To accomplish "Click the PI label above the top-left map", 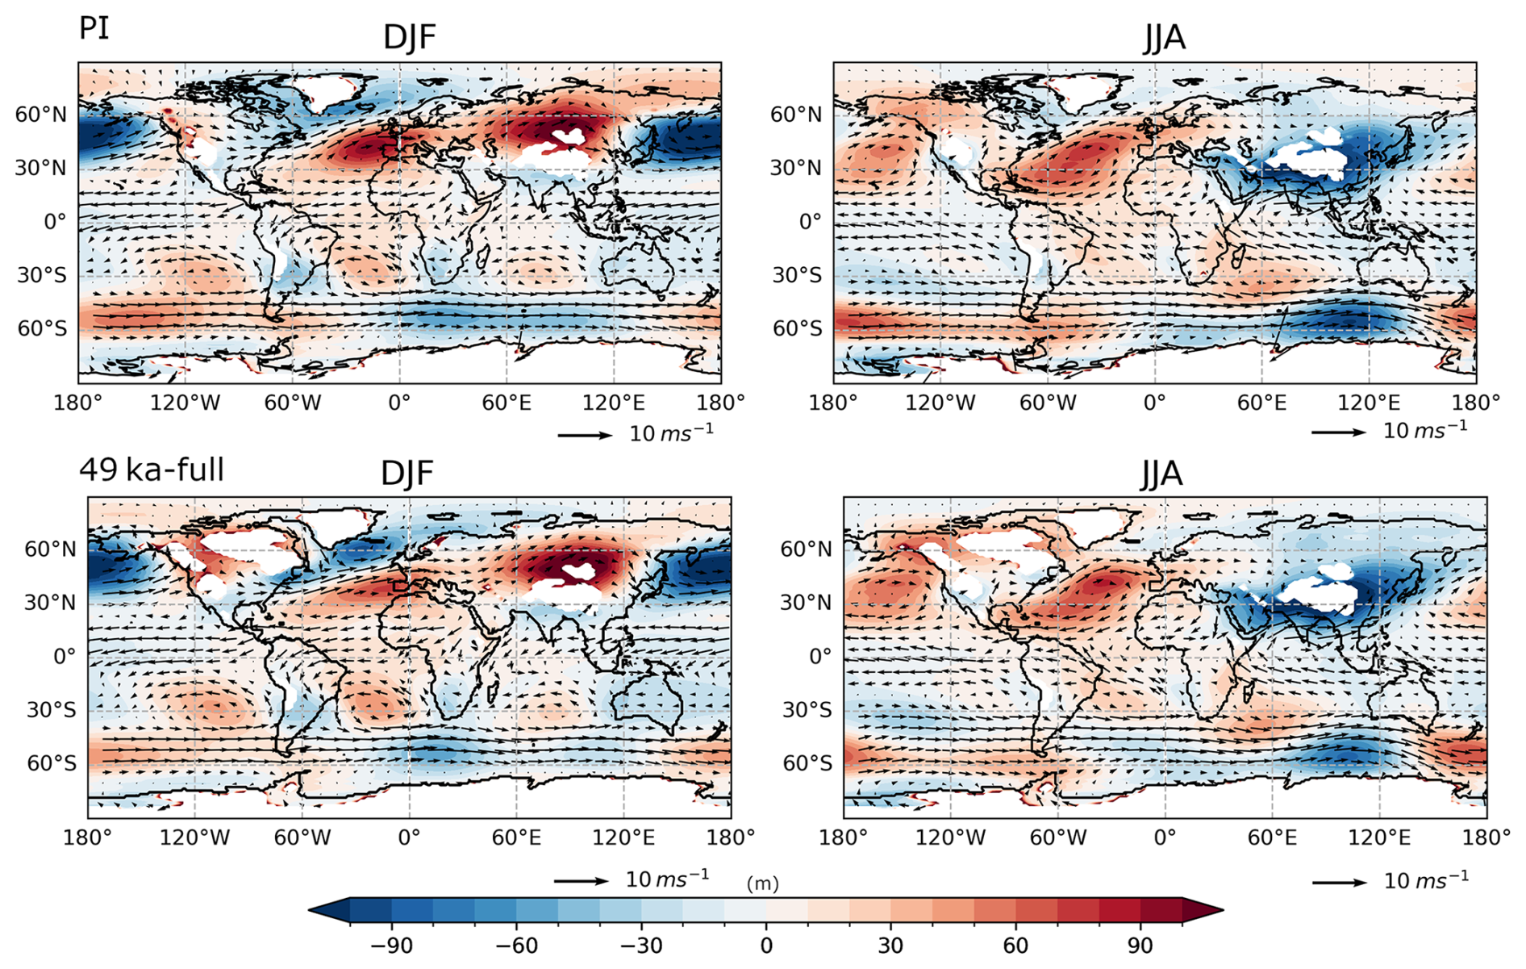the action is tap(94, 28).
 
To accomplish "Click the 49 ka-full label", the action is tap(152, 470).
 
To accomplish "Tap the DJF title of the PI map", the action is tap(410, 38).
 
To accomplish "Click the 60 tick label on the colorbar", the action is tap(1015, 945).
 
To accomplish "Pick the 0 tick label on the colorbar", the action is tap(766, 945).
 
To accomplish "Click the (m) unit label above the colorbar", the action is tap(762, 883).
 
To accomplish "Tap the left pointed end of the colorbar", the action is tap(310, 910).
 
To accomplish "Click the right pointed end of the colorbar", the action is tap(1223, 910).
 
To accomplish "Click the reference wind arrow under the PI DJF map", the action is tap(586, 436).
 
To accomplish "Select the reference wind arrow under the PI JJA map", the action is tap(1339, 432).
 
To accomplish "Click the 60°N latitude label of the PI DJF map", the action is tap(41, 115).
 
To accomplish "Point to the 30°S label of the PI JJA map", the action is tap(797, 275).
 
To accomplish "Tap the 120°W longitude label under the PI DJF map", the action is tap(185, 402).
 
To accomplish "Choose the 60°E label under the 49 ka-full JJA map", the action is tap(1273, 837).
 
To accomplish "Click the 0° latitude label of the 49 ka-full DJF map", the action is tap(65, 656).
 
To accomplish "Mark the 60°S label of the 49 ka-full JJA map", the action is tap(807, 763).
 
